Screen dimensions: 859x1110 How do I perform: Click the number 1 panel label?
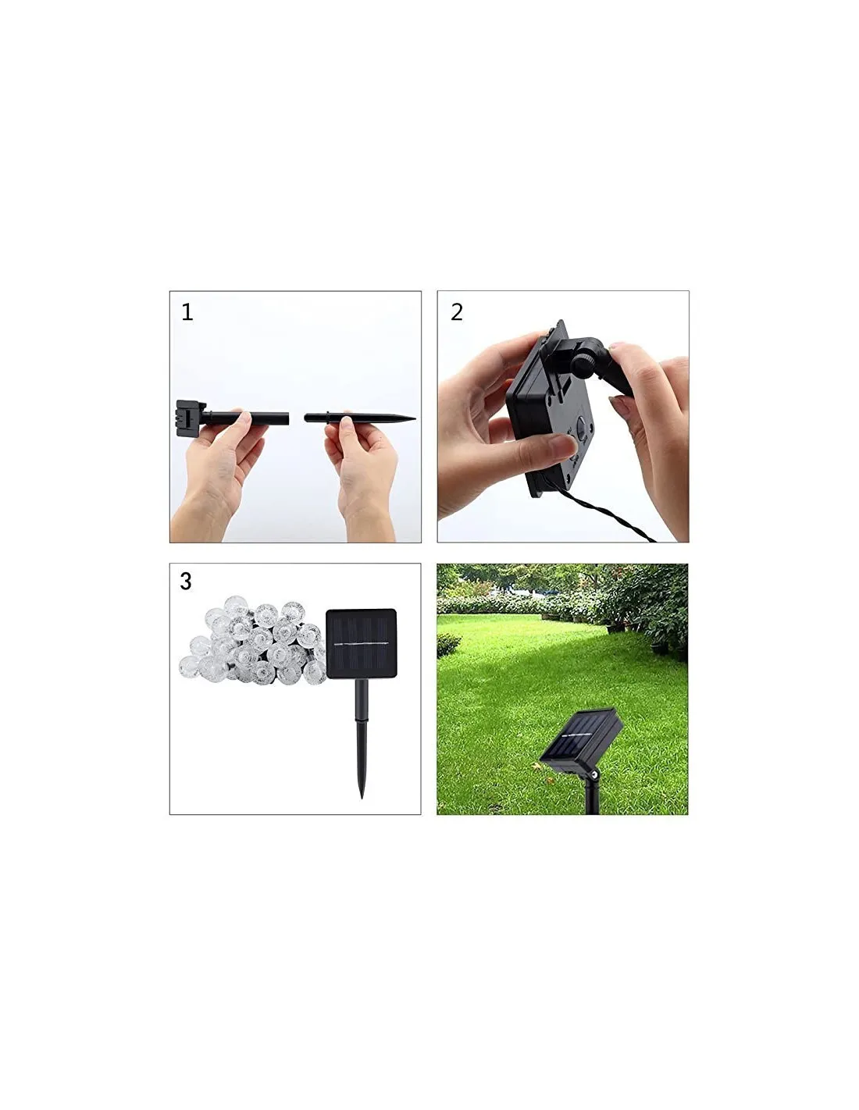coord(187,312)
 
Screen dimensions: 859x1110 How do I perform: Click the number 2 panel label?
coord(456,312)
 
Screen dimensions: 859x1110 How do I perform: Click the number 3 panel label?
coord(186,582)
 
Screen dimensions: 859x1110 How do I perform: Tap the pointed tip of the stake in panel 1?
coord(415,419)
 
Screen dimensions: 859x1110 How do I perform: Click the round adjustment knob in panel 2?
coord(584,362)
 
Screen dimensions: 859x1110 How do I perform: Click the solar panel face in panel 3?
coord(361,644)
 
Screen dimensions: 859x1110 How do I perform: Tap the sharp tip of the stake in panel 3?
coord(362,797)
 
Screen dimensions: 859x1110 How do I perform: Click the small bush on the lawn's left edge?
coord(447,645)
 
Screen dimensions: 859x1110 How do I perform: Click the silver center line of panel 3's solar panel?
coord(361,644)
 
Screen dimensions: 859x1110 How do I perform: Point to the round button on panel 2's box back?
coord(582,425)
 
